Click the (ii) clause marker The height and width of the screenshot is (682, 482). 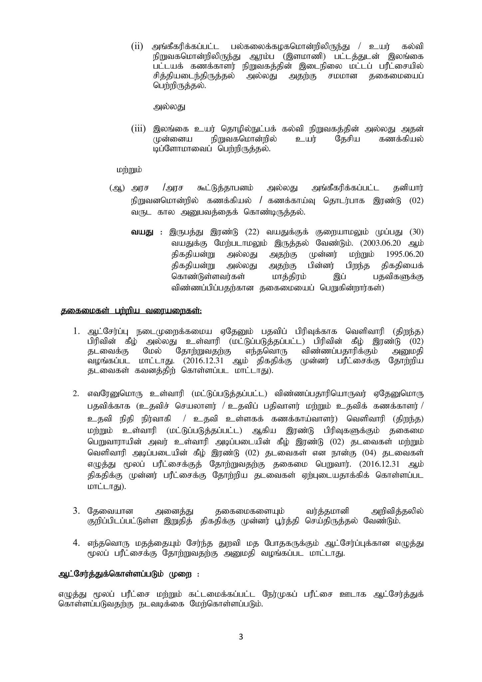[x=137, y=46]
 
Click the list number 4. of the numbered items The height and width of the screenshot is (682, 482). [x=77, y=543]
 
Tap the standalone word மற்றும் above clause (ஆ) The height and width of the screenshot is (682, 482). [x=129, y=170]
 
